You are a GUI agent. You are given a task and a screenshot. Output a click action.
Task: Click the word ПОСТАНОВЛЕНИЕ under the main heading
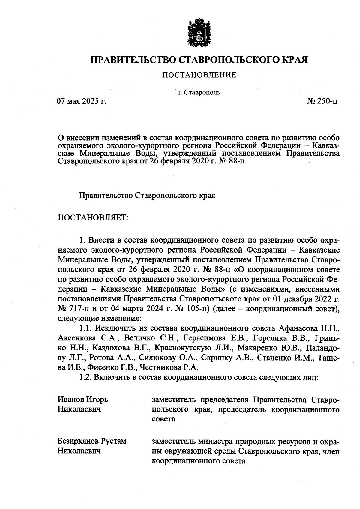[199, 75]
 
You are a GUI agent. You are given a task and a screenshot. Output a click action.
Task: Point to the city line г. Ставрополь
[199, 92]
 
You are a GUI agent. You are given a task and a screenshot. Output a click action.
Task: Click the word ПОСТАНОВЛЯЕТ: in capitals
[93, 217]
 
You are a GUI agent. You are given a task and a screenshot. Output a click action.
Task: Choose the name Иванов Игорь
[83, 400]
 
